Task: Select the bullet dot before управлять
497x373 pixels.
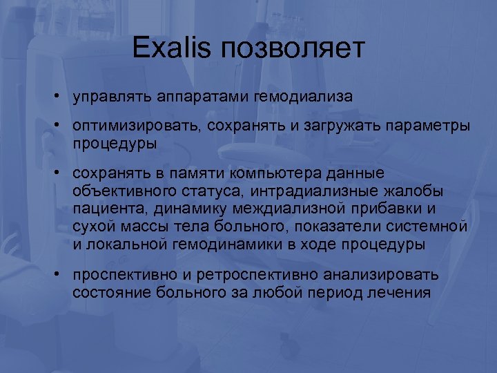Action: pyautogui.click(x=61, y=96)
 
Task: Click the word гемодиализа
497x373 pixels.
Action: pyautogui.click(x=304, y=97)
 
